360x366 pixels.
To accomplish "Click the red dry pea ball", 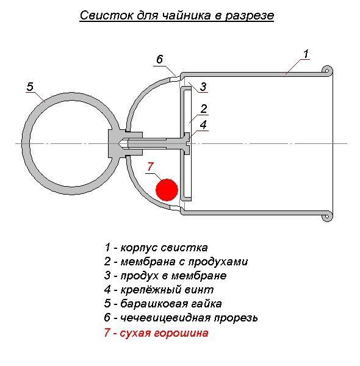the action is (x=167, y=190).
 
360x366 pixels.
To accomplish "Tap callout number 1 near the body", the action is (x=306, y=54).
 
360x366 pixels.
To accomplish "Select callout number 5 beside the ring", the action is (x=30, y=87).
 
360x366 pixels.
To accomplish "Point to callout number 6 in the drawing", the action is (x=159, y=59).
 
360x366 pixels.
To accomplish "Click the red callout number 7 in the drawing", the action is (x=150, y=167).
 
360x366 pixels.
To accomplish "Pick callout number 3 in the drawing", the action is (x=203, y=87).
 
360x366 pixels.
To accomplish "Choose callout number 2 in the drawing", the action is (x=204, y=109).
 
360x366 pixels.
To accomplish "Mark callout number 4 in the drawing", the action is (x=203, y=124).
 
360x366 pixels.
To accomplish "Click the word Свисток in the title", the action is (x=106, y=16).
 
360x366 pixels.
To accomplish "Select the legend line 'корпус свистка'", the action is (x=164, y=248).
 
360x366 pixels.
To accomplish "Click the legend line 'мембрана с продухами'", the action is (x=184, y=262).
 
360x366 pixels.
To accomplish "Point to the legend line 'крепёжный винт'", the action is (x=167, y=290).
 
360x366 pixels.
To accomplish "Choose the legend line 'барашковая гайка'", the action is (x=171, y=304).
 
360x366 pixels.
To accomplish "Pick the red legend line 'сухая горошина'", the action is (x=164, y=333).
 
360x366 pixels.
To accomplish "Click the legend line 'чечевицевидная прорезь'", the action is (x=189, y=318).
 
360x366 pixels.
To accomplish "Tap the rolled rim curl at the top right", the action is (x=327, y=71).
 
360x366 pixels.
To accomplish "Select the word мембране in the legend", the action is (x=199, y=276).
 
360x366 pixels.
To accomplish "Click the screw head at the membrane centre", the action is (x=187, y=144).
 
